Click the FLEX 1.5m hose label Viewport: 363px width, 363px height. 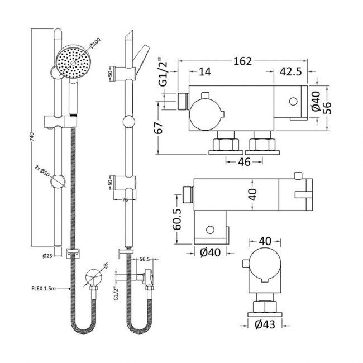click(x=47, y=289)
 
